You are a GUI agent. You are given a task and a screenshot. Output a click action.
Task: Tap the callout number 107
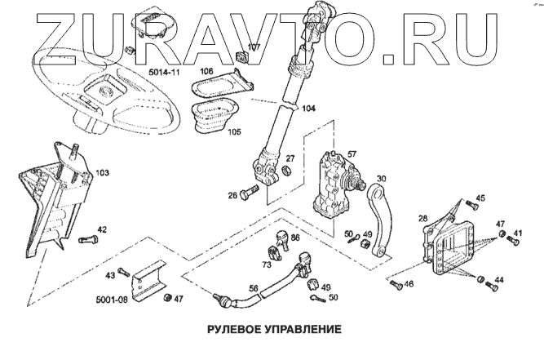click(x=254, y=47)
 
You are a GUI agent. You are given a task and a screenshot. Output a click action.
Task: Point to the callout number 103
click(x=102, y=173)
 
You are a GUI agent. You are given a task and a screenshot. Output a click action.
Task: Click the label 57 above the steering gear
click(x=352, y=153)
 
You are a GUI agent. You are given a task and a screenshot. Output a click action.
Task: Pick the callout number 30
click(x=381, y=180)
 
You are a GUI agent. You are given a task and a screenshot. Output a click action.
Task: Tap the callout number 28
click(x=422, y=218)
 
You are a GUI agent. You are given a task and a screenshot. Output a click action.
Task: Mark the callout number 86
click(x=295, y=238)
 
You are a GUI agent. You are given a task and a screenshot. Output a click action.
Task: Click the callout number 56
click(x=254, y=287)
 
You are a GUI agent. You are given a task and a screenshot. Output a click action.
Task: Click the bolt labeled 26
click(x=248, y=193)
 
